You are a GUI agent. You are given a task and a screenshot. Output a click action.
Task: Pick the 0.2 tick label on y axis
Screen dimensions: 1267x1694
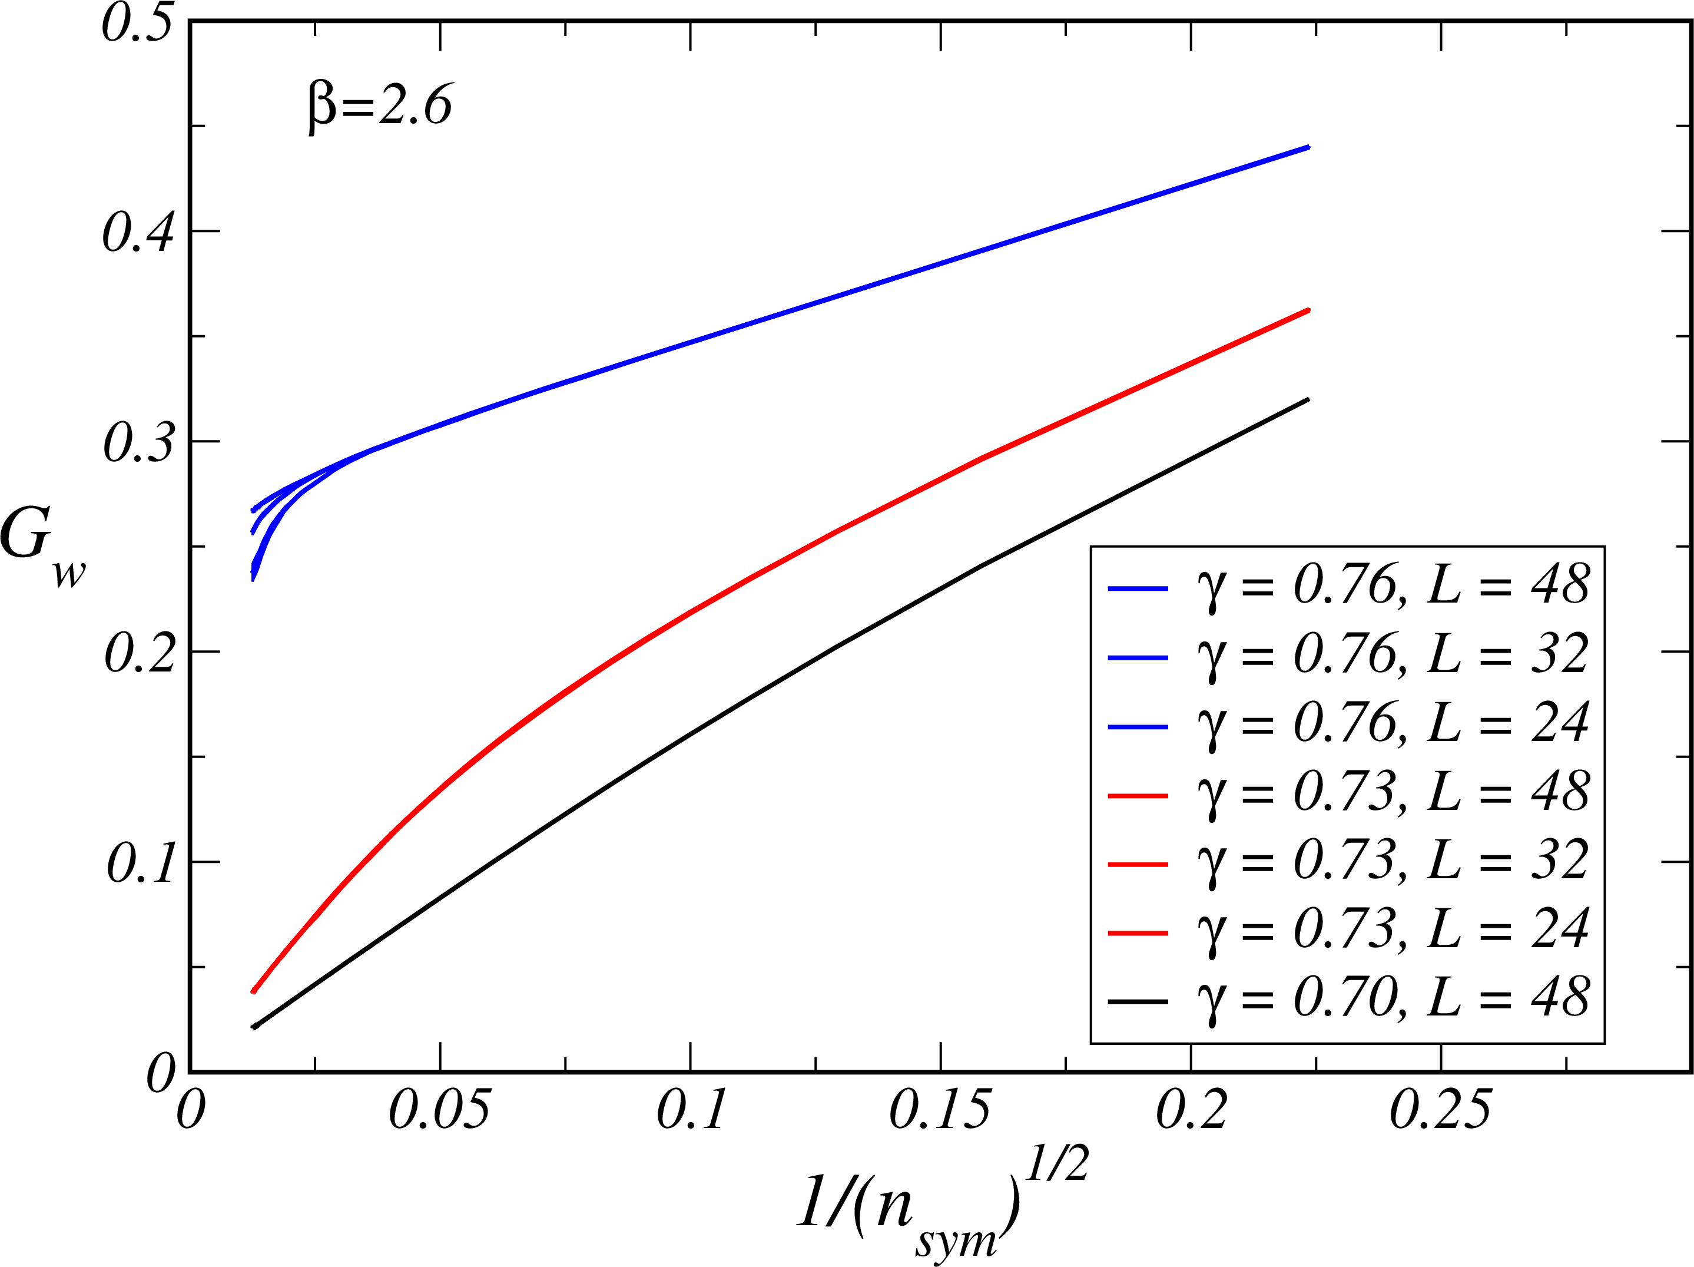pyautogui.click(x=138, y=653)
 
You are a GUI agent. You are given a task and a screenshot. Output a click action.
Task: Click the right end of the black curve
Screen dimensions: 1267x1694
pyautogui.click(x=1308, y=400)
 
